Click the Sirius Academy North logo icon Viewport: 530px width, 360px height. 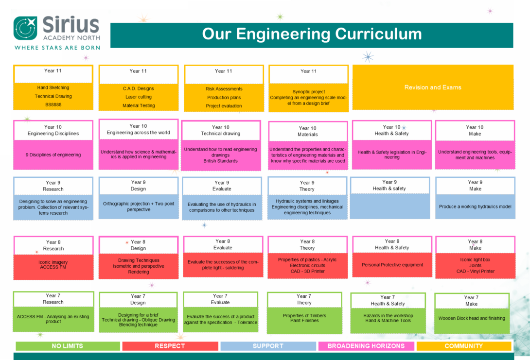coord(25,28)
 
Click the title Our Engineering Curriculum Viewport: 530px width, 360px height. coord(312,34)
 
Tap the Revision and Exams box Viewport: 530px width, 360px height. coord(433,87)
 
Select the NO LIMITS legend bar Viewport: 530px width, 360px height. coord(68,346)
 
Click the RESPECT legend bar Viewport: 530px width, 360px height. coord(170,346)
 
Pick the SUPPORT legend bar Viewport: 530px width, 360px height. coord(268,346)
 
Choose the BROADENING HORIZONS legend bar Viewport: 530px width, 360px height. coord(366,346)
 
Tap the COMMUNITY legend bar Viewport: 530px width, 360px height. coord(463,346)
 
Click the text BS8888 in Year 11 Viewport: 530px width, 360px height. coord(53,104)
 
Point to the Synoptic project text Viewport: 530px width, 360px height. coord(308,92)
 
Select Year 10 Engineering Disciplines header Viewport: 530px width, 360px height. coord(53,130)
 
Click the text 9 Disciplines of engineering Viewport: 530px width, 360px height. coord(53,155)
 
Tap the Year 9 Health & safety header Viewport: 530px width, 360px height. coord(389,185)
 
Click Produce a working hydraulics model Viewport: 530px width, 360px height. coord(475,206)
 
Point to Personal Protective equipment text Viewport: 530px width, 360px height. coord(392,265)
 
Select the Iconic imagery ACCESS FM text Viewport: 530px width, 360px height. coord(53,265)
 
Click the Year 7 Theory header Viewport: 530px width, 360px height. coord(304,299)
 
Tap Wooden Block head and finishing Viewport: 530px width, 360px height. coord(472,319)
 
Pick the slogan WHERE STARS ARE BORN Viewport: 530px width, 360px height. coord(57,48)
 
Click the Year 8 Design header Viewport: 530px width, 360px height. coord(138,245)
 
